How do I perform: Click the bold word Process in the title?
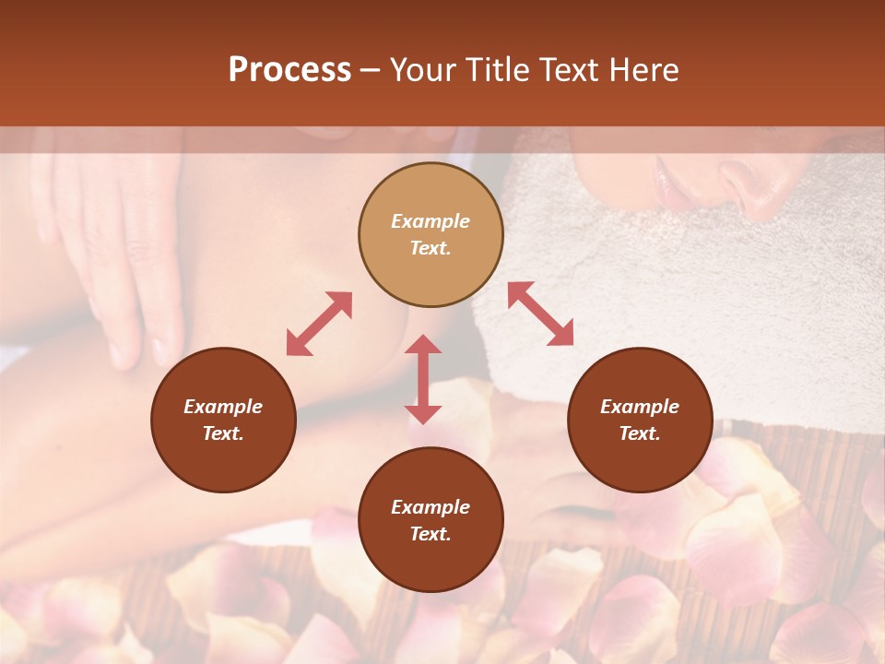coord(289,70)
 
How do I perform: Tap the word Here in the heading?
coord(644,70)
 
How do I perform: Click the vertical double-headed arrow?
coord(423,379)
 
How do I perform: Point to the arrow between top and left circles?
coord(319,324)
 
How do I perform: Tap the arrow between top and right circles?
coord(540,314)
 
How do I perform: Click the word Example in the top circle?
coord(431,221)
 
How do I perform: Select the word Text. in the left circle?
coord(223,433)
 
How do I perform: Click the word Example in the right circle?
coord(640,407)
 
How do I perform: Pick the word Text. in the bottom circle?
coord(431,534)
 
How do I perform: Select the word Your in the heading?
coord(421,70)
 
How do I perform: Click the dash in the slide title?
coord(371,70)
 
